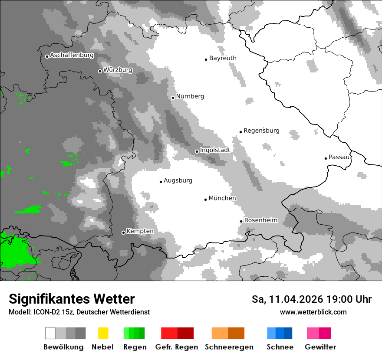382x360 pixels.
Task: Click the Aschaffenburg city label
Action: pyautogui.click(x=72, y=56)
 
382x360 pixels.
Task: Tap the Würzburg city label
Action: pyautogui.click(x=118, y=70)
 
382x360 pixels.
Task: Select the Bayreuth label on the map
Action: pyautogui.click(x=223, y=58)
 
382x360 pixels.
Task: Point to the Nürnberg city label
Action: pyautogui.click(x=190, y=96)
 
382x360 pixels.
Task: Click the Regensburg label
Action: pyautogui.click(x=261, y=131)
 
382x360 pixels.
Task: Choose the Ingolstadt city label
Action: pyautogui.click(x=215, y=150)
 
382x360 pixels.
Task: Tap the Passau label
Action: pyautogui.click(x=339, y=157)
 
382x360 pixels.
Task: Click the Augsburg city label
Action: pyautogui.click(x=178, y=180)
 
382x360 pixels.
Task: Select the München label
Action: pyautogui.click(x=222, y=198)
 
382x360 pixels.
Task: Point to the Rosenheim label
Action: pyautogui.click(x=260, y=220)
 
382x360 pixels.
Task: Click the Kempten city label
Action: pyautogui.click(x=140, y=231)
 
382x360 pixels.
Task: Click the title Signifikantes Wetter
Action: pyautogui.click(x=72, y=299)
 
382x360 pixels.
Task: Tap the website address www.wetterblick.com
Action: pyautogui.click(x=313, y=312)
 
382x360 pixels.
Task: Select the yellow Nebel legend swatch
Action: pyautogui.click(x=103, y=333)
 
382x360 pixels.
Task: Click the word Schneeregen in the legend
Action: pyautogui.click(x=228, y=347)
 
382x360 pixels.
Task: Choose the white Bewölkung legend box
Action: pyautogui.click(x=50, y=333)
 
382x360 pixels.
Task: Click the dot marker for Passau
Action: pyautogui.click(x=326, y=158)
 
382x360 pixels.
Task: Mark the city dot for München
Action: pyautogui.click(x=205, y=200)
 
